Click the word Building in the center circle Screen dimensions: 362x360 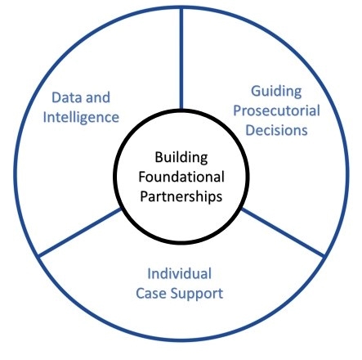(181, 158)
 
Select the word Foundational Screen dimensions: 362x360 (181, 177)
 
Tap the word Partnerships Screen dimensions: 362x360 (181, 196)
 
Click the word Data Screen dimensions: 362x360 (64, 97)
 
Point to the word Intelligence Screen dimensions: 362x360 (81, 118)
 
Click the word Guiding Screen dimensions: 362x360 (276, 92)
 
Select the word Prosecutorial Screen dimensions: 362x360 (276, 111)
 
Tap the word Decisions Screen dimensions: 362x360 (276, 130)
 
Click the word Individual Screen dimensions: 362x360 (179, 273)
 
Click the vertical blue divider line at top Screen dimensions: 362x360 (181, 59)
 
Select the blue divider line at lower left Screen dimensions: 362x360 (80, 232)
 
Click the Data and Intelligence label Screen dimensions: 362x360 (81, 108)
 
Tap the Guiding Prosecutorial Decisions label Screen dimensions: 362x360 (276, 110)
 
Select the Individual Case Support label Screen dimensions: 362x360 (180, 284)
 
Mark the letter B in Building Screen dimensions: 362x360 (159, 157)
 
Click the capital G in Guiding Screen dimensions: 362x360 (256, 92)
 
